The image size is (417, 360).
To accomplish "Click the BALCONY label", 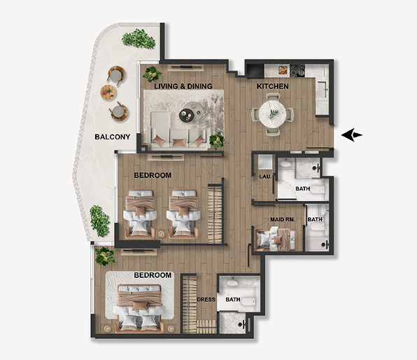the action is (113, 137).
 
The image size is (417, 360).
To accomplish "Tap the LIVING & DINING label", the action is (183, 86).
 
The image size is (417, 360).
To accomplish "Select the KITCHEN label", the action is (273, 86).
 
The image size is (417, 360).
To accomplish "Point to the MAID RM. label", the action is (283, 219).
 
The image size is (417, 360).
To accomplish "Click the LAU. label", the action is (265, 176).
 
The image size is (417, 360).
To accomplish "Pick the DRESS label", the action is (206, 300).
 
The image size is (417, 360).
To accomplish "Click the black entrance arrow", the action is (352, 134).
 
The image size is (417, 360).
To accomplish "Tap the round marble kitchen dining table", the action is (273, 115).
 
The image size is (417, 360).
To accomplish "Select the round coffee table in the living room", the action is (191, 112).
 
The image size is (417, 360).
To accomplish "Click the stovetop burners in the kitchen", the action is (297, 71).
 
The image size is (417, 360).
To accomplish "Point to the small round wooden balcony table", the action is (108, 92).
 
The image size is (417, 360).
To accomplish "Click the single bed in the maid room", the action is (275, 239).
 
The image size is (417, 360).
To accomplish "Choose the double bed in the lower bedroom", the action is (140, 307).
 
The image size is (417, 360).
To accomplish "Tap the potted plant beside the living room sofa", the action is (217, 141).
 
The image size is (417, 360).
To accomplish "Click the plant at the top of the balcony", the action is (139, 39).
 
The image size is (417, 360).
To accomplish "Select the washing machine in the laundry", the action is (265, 162).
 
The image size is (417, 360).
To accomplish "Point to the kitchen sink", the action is (323, 90).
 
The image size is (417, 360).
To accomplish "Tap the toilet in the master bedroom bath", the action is (248, 301).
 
